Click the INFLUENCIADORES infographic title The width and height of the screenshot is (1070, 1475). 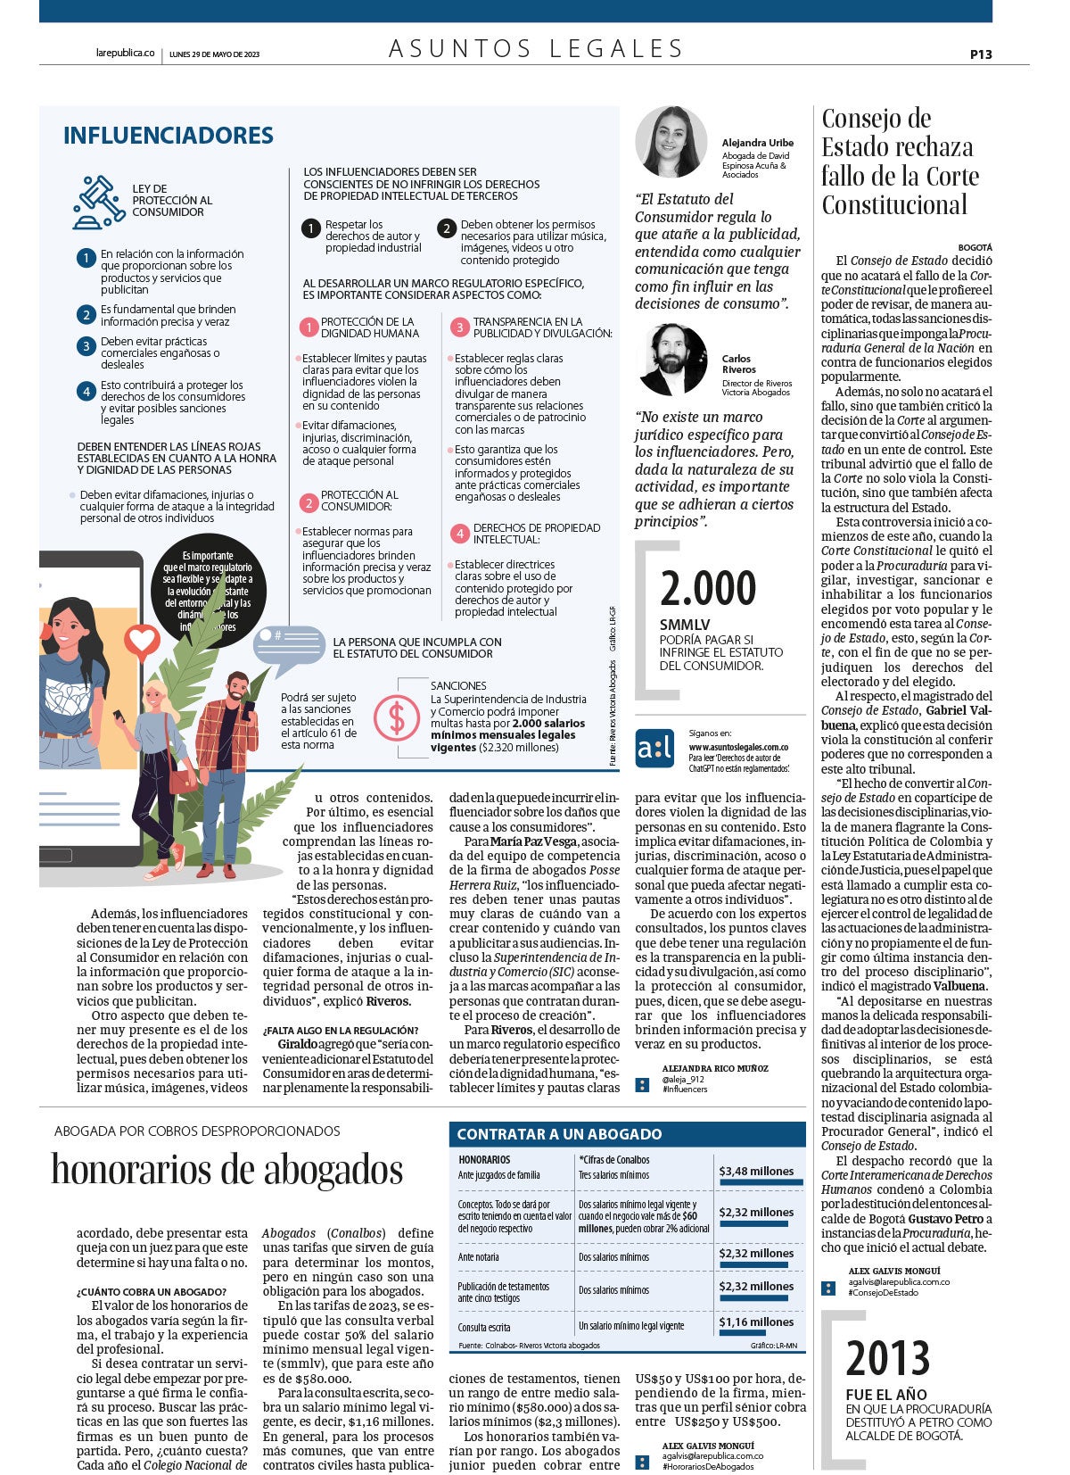(168, 136)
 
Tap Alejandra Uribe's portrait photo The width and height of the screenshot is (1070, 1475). (671, 142)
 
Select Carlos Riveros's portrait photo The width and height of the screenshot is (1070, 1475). (673, 360)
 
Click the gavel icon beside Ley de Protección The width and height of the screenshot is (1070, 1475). (98, 202)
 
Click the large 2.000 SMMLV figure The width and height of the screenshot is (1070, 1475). (708, 589)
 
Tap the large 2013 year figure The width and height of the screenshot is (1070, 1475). (887, 1358)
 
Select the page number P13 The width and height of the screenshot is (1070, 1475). (981, 54)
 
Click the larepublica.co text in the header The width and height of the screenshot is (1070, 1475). (125, 54)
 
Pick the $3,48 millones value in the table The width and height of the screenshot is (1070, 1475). (756, 1171)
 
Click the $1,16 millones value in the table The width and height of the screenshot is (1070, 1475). (756, 1322)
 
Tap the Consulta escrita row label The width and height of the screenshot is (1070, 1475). (484, 1327)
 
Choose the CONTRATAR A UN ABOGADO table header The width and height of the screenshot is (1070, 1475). (559, 1134)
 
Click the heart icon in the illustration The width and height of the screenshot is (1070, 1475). (141, 640)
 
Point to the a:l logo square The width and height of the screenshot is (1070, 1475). (654, 748)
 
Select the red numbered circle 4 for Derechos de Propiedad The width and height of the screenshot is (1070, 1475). (459, 534)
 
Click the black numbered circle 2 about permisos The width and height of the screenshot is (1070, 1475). (446, 228)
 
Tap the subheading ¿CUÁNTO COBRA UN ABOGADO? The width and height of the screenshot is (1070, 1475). (152, 1291)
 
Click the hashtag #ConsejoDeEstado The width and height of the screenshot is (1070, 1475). (883, 1292)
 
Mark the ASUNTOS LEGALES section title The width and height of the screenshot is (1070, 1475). (536, 48)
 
